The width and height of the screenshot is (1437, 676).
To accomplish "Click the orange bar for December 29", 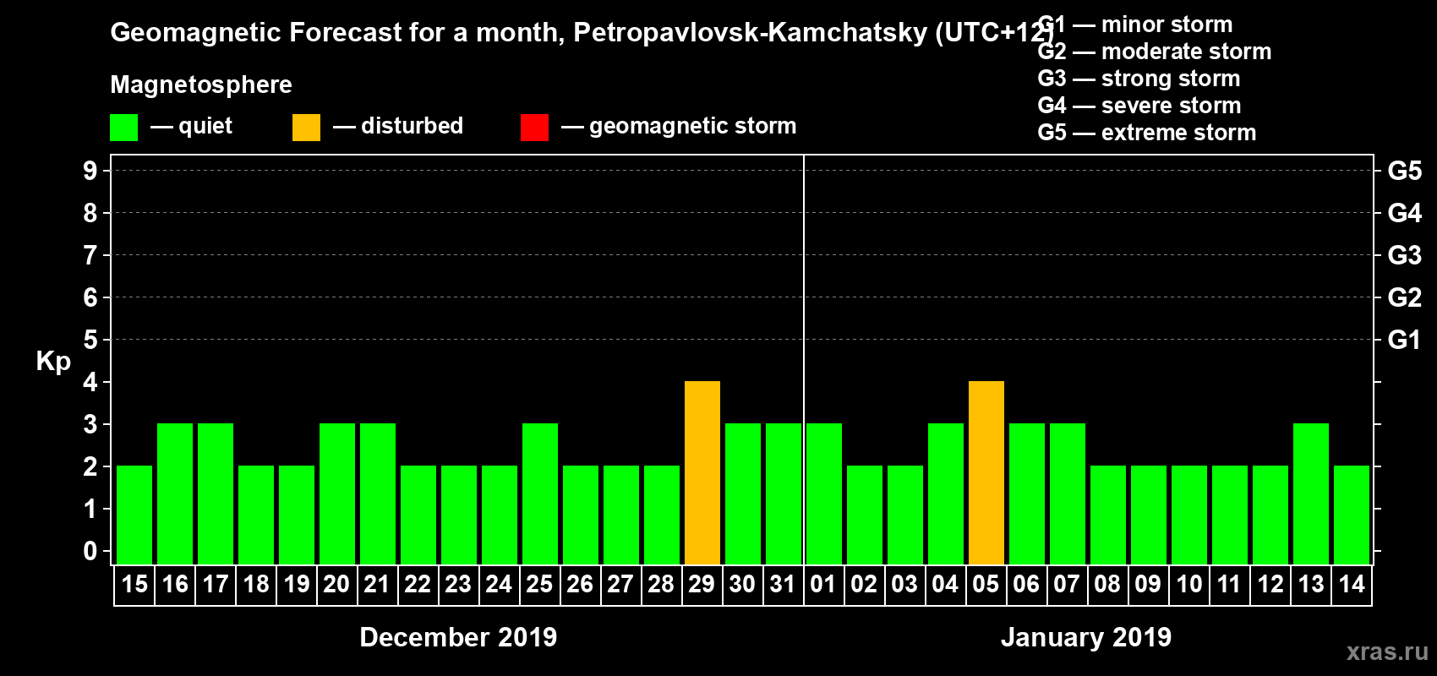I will tap(702, 472).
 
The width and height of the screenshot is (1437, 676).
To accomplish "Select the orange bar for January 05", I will tap(986, 472).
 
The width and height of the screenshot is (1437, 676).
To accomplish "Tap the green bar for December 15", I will tap(134, 515).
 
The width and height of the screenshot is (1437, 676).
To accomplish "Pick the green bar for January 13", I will tap(1310, 493).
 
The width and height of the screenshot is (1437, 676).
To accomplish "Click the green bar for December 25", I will tap(539, 493).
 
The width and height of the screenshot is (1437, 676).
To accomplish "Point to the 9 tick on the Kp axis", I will tap(90, 171).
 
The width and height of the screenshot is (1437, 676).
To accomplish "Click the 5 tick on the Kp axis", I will tap(90, 340).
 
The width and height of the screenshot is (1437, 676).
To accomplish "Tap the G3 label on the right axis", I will tap(1404, 255).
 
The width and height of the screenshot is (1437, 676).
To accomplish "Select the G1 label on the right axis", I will tap(1404, 340).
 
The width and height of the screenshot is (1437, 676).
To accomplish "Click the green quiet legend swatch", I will tap(123, 128).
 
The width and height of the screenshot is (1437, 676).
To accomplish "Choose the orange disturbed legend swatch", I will tap(306, 128).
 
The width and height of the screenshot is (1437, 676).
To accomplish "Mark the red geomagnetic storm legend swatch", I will tap(534, 128).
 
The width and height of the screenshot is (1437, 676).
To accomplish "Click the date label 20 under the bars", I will tap(336, 585).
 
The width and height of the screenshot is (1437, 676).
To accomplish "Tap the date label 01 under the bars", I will tap(823, 585).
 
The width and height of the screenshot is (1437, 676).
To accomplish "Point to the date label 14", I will tap(1351, 585).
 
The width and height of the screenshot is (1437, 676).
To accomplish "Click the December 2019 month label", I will tap(458, 637).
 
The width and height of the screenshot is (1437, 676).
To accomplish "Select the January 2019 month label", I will tap(1086, 637).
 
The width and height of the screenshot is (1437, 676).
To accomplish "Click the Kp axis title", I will tap(53, 362).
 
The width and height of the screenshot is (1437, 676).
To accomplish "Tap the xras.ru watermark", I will tap(1387, 651).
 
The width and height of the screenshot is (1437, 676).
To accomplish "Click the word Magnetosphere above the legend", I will tap(201, 84).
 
